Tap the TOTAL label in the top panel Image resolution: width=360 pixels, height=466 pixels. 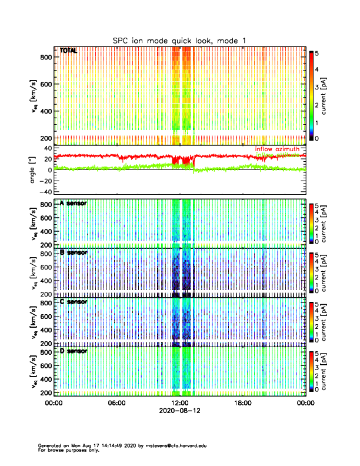68,51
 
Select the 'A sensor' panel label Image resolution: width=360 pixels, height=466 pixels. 74,203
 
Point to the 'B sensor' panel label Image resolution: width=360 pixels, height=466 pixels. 74,252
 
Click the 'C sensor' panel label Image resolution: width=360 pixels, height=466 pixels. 74,302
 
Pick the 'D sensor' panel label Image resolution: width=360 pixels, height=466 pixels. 74,351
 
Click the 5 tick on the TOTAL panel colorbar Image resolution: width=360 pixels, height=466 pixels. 318,53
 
